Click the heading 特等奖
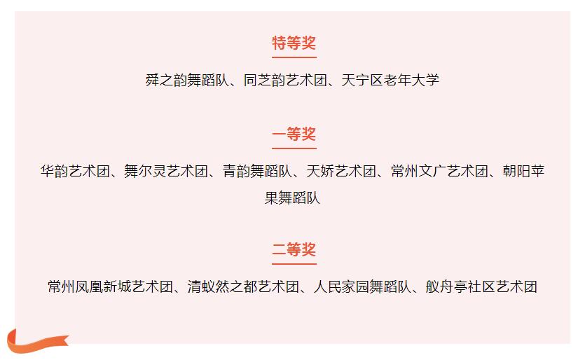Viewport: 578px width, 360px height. tap(294, 43)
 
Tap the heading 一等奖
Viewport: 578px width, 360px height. tap(294, 134)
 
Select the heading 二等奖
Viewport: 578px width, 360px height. tap(294, 250)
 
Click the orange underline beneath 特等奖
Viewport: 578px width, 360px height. tap(294, 57)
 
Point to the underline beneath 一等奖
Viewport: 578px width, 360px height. tap(294, 148)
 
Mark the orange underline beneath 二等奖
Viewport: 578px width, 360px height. tap(294, 264)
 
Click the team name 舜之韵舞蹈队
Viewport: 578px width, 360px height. tap(187, 80)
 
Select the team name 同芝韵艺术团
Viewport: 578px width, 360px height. tap(285, 80)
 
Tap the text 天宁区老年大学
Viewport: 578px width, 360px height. tap(390, 80)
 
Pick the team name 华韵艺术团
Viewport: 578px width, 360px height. tap(75, 171)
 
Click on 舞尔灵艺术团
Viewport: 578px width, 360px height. tap(166, 171)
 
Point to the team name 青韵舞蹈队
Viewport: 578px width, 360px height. tap(257, 171)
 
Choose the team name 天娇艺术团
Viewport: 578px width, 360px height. tap(341, 171)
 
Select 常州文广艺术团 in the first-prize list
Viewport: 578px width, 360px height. tap(439, 171)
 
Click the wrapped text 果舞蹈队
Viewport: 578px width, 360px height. tap(292, 198)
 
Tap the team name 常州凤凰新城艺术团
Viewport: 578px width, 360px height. tap(111, 286)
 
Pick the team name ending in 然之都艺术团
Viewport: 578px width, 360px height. tap(243, 286)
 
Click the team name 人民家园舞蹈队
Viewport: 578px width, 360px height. tap(362, 286)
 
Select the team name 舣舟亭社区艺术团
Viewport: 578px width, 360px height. tap(481, 286)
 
